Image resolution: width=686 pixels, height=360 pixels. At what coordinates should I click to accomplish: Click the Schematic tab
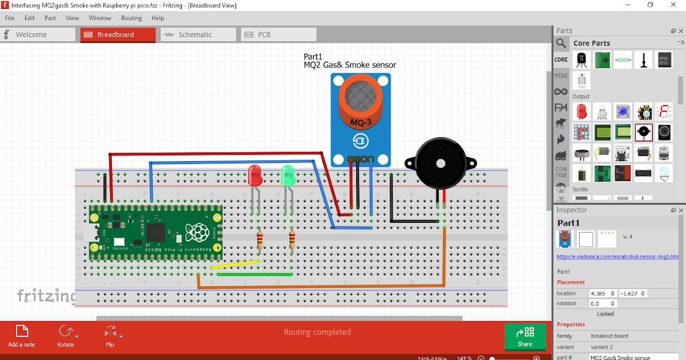194,35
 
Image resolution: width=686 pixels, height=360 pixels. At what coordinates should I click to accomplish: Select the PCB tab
264,35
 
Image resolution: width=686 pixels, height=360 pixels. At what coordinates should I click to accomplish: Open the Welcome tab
31,35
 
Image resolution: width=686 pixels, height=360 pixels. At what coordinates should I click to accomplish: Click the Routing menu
131,18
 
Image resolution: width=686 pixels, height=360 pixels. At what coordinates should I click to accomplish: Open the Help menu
158,18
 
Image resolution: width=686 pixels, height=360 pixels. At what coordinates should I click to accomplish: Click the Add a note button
22,335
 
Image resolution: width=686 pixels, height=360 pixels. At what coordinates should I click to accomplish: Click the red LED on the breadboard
254,175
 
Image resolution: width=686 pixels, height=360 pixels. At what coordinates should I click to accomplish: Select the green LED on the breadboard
288,175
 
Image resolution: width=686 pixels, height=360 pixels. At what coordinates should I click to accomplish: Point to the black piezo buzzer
440,163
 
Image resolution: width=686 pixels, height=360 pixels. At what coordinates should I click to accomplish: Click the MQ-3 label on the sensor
361,122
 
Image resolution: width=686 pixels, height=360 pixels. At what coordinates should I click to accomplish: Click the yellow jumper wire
234,264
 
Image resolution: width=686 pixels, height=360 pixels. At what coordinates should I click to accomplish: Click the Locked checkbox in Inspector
592,314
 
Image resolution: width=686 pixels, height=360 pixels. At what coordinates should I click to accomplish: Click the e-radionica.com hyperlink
617,257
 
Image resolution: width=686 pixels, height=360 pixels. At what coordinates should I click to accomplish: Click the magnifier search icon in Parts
561,43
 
